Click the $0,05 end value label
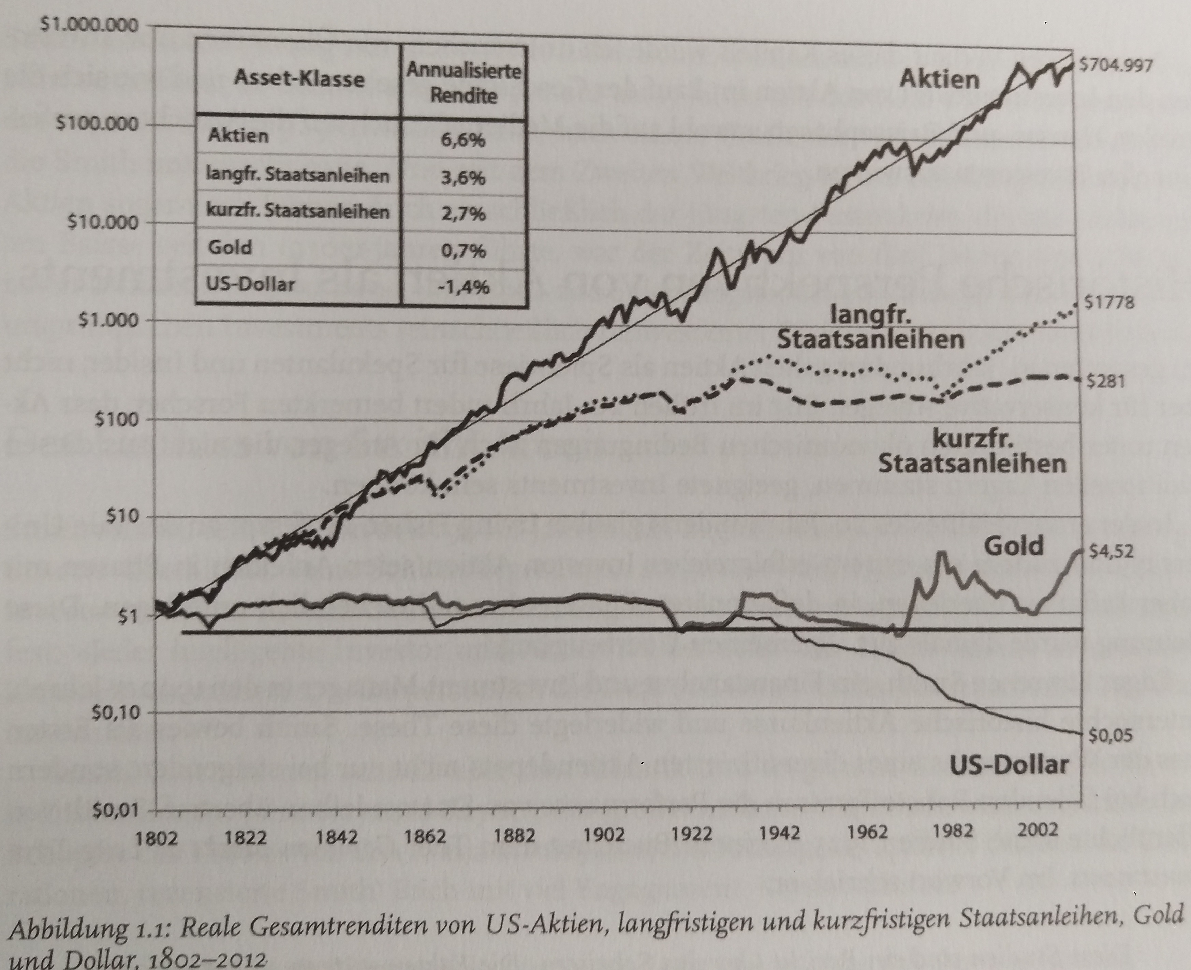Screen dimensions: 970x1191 point(1111,736)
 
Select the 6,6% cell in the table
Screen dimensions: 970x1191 point(463,140)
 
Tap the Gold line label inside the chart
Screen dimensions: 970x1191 point(1013,546)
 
